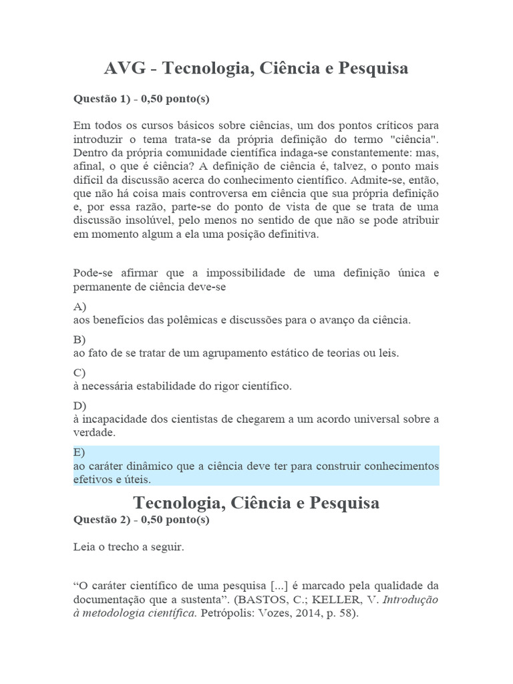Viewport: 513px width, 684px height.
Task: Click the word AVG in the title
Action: click(x=128, y=69)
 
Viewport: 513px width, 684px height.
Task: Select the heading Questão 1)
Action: click(x=100, y=99)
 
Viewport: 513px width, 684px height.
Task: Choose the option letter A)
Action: click(x=80, y=307)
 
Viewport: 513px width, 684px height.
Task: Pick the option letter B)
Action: click(x=80, y=339)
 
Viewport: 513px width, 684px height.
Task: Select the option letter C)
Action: click(x=80, y=372)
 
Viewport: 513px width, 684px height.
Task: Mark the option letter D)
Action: click(x=80, y=405)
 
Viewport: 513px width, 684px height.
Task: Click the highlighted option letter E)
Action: click(x=80, y=452)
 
